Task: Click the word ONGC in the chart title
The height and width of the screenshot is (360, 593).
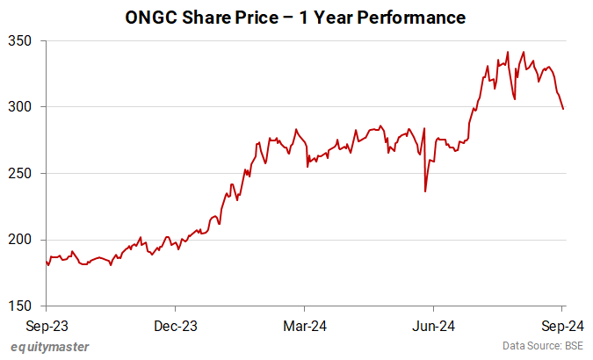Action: (x=151, y=18)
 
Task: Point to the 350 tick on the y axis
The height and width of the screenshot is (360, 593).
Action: (x=20, y=40)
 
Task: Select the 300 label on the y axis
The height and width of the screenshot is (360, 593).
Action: (x=20, y=107)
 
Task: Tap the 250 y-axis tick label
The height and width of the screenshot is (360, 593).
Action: (x=20, y=173)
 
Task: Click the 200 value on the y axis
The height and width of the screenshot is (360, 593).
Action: (x=20, y=240)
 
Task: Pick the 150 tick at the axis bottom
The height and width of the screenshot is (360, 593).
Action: (x=20, y=306)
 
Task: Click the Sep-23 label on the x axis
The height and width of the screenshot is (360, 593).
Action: (x=47, y=326)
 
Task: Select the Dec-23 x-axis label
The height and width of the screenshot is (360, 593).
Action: (x=176, y=326)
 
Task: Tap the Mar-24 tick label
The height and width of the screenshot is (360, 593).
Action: (x=304, y=326)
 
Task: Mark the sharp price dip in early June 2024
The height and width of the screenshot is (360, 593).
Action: (x=425, y=191)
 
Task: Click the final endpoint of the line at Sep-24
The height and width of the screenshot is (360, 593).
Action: (x=563, y=109)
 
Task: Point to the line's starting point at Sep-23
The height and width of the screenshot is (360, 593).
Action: (x=46, y=260)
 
